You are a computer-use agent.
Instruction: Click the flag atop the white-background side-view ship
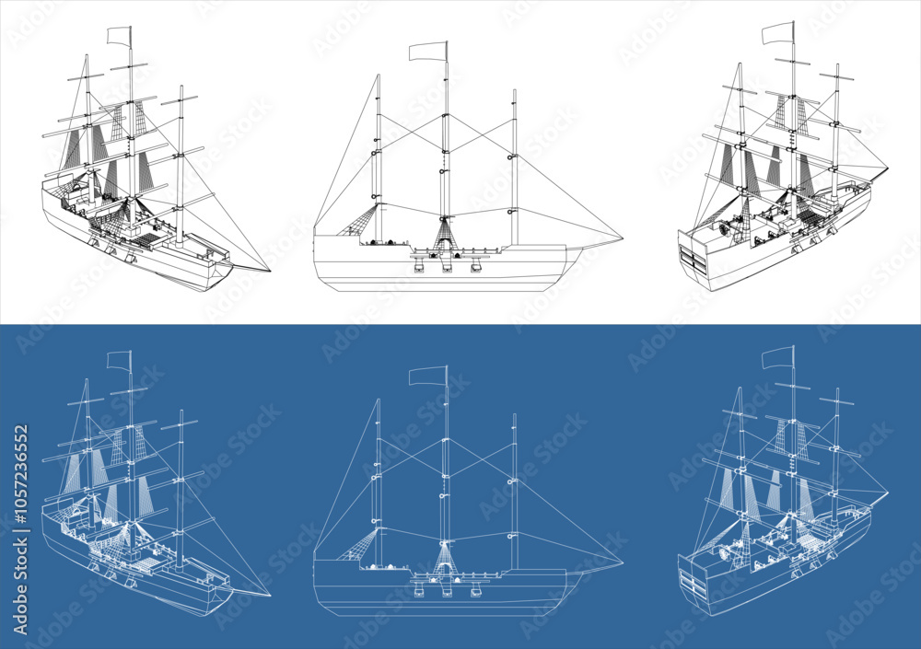pyautogui.click(x=427, y=51)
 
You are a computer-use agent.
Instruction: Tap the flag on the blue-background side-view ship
pyautogui.click(x=426, y=376)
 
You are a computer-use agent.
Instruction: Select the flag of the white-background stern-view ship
pyautogui.click(x=777, y=33)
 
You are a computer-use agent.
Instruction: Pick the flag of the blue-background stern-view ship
pyautogui.click(x=777, y=357)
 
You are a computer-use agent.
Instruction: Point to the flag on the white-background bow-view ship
pyautogui.click(x=119, y=36)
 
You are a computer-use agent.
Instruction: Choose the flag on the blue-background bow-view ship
pyautogui.click(x=119, y=360)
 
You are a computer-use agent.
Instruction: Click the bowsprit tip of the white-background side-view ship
pyautogui.click(x=622, y=242)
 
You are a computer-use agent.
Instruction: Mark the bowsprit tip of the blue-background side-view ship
pyautogui.click(x=622, y=563)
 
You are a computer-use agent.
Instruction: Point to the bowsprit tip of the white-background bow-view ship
pyautogui.click(x=270, y=271)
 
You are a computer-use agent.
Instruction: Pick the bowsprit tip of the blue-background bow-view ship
pyautogui.click(x=270, y=595)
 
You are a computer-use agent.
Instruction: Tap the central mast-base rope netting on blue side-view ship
pyautogui.click(x=445, y=557)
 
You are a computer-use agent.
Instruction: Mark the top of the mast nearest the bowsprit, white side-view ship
pyautogui.click(x=514, y=91)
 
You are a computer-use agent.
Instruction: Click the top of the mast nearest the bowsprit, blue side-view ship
pyautogui.click(x=514, y=415)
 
